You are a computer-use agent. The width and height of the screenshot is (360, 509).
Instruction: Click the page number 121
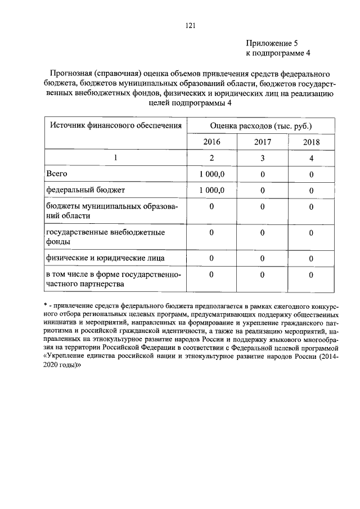(190, 25)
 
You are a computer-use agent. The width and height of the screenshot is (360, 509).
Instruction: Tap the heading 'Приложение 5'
(269, 43)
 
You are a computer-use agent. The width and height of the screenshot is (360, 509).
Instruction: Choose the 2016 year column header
(212, 142)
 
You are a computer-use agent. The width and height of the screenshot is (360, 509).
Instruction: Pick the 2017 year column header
(262, 142)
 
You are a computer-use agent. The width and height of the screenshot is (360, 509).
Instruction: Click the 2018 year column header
(310, 142)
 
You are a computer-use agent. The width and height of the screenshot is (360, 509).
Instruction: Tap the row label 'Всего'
(57, 174)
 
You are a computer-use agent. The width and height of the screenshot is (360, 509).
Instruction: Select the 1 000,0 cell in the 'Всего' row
(212, 174)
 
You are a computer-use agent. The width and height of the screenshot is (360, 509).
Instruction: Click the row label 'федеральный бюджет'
(82, 190)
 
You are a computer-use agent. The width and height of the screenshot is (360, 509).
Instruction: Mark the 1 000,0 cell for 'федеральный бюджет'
(212, 190)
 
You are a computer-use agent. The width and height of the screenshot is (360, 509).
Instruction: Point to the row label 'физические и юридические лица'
(105, 258)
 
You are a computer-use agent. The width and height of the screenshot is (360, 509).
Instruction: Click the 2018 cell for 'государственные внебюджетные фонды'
(310, 232)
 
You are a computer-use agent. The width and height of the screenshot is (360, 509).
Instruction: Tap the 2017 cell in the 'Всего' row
(262, 174)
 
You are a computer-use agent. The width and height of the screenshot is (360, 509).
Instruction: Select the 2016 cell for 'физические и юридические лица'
(212, 258)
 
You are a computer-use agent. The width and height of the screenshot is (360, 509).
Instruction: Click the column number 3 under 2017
(262, 158)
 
